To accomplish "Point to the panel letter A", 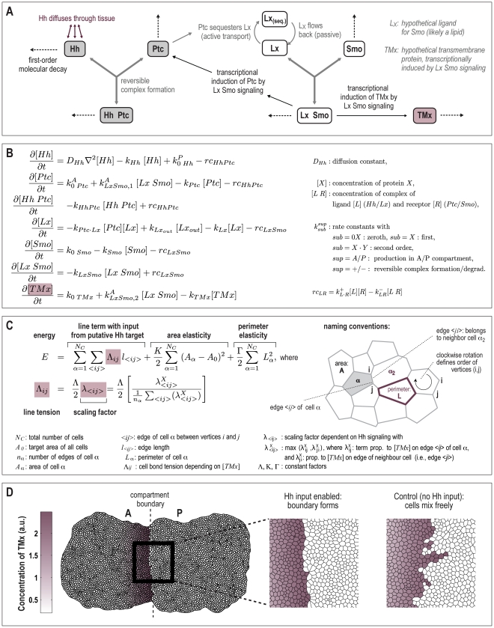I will [x=13, y=13].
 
